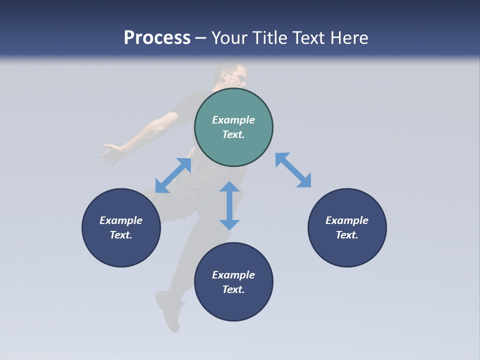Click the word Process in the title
(x=157, y=38)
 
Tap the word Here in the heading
(x=348, y=38)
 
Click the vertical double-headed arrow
(x=229, y=205)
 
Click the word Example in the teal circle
(x=233, y=120)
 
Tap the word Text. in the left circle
(x=121, y=235)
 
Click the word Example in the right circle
(x=347, y=220)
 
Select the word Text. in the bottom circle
(x=233, y=289)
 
